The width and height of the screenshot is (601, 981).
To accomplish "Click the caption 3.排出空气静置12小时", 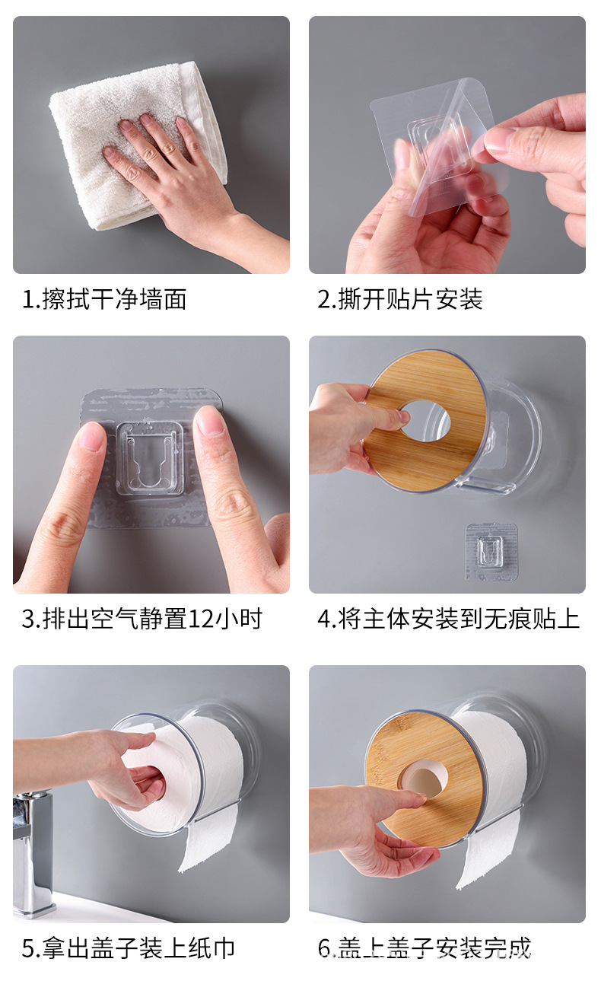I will pyautogui.click(x=142, y=619).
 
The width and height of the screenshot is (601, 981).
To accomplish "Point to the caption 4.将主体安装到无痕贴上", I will pyautogui.click(x=448, y=619).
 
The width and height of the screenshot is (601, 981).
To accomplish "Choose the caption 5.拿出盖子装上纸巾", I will pyautogui.click(x=128, y=948).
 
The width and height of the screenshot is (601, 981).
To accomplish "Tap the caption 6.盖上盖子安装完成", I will pyautogui.click(x=424, y=948).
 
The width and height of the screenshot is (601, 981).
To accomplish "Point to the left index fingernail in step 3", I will pyautogui.click(x=92, y=437).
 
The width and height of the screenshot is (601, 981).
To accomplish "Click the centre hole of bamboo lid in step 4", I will pyautogui.click(x=425, y=419).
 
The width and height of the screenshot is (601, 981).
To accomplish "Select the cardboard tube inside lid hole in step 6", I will pyautogui.click(x=424, y=782).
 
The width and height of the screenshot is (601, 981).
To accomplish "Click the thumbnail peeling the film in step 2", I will pyautogui.click(x=499, y=140).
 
